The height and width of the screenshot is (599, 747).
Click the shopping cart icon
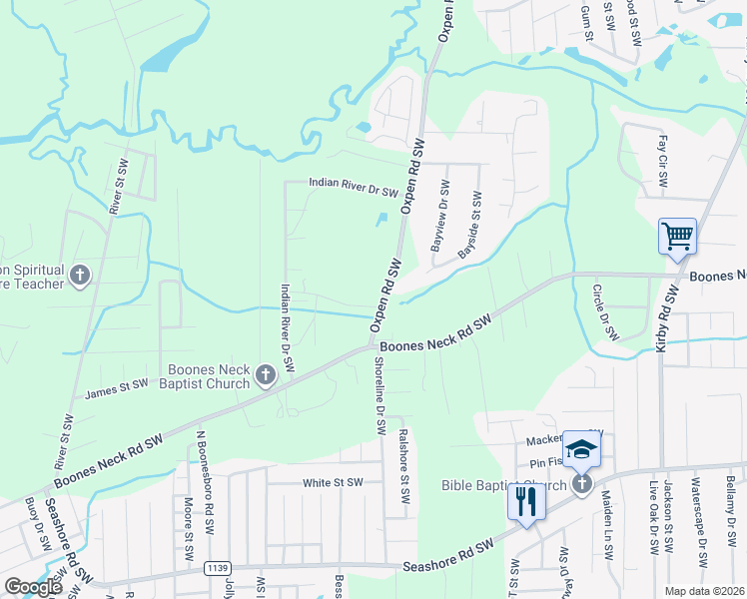click(677, 237)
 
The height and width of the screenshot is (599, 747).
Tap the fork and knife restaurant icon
click(526, 500)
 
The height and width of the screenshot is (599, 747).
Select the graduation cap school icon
click(581, 450)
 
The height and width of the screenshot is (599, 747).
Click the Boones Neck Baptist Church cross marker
click(265, 375)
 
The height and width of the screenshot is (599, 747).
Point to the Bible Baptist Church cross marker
click(582, 485)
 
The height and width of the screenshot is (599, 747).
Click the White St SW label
click(333, 482)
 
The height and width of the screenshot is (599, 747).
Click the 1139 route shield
click(216, 568)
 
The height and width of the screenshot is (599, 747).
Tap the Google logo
click(33, 587)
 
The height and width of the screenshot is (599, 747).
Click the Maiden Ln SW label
click(607, 524)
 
